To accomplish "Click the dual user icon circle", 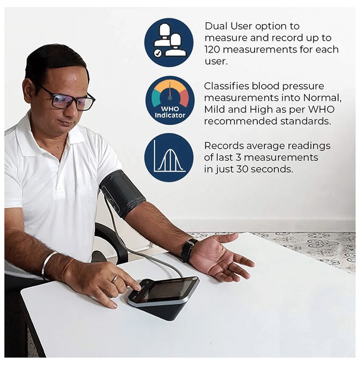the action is click(169, 43).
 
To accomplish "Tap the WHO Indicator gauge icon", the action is click(170, 101).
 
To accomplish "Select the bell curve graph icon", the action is click(169, 157).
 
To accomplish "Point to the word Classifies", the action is click(226, 86).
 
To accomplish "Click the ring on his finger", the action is click(115, 278).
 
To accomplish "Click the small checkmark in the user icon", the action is click(158, 53).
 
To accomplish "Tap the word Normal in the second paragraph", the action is click(322, 98).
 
